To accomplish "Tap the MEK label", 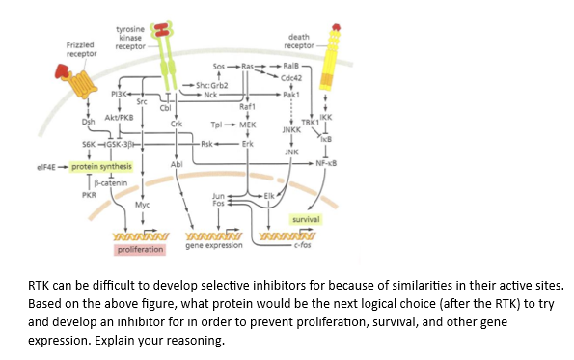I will [x=247, y=125].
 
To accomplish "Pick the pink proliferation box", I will [x=139, y=250].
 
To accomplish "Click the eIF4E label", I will [x=50, y=165].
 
